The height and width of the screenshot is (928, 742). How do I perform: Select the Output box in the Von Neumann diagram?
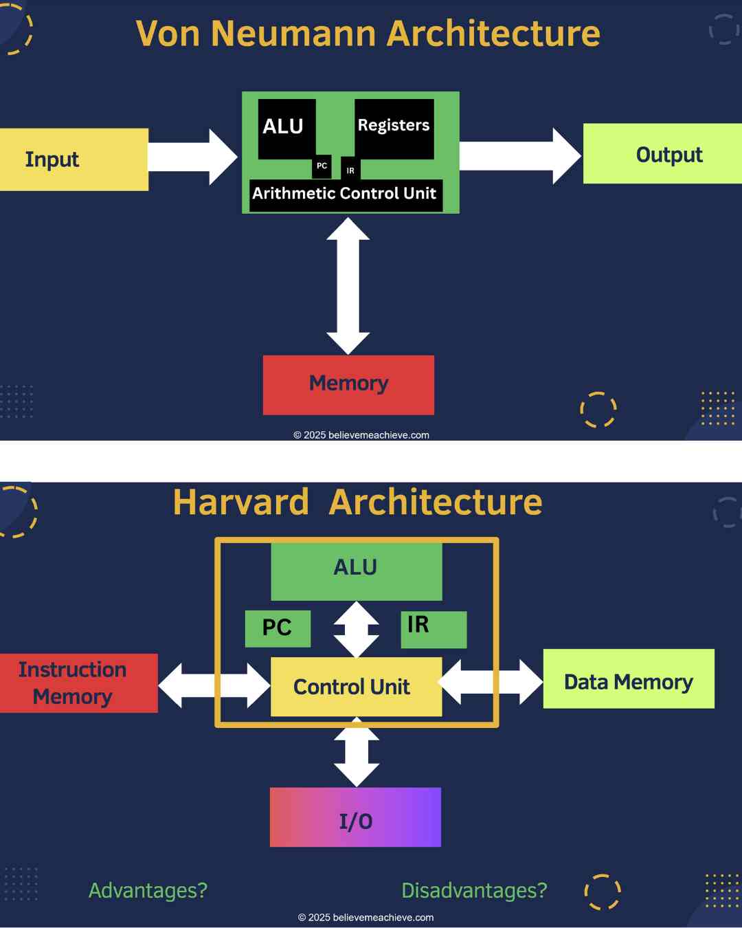coord(662,154)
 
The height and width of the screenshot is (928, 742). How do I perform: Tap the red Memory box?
coord(348,384)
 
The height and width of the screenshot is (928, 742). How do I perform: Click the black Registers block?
coord(394,129)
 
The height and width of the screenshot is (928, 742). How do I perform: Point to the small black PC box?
coord(322,166)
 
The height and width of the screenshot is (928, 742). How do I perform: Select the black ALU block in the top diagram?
coord(286,129)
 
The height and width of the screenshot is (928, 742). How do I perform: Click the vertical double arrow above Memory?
coord(348,285)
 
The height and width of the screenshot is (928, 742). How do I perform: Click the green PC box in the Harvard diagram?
coord(278,628)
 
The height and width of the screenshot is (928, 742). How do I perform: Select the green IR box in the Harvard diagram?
coord(433,629)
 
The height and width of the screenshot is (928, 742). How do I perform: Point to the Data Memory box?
coord(628,678)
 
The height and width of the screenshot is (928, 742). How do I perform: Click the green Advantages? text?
coord(148,890)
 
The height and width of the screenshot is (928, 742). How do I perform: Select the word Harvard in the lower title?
coord(241,502)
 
